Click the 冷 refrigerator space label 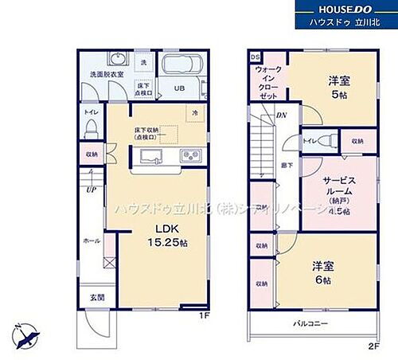[194, 113]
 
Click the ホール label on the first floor [92, 239]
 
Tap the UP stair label [92, 191]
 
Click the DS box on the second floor [255, 58]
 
